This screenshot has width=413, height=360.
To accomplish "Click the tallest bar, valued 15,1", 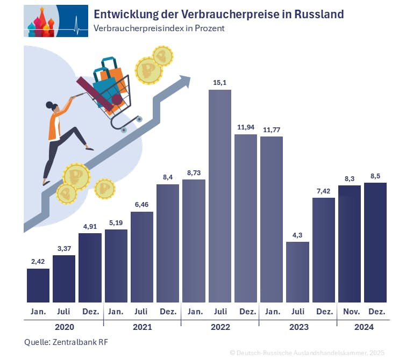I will pyautogui.click(x=220, y=196).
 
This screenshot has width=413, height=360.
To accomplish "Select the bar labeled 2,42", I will pyautogui.click(x=38, y=285).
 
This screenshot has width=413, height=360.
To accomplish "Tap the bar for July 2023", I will pyautogui.click(x=297, y=272).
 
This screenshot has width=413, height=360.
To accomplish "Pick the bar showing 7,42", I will pyautogui.click(x=324, y=250).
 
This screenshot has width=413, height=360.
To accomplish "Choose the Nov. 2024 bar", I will pyautogui.click(x=350, y=243).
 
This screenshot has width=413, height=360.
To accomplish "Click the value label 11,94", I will pyautogui.click(x=246, y=127).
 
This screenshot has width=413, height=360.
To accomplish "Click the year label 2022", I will pyautogui.click(x=220, y=327).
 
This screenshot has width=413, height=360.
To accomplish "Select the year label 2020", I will pyautogui.click(x=64, y=327).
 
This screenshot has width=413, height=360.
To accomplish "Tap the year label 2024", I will pyautogui.click(x=363, y=327).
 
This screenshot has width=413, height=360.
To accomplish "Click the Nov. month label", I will pyautogui.click(x=350, y=311).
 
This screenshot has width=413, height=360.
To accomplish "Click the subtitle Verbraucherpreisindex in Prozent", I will pyautogui.click(x=159, y=28).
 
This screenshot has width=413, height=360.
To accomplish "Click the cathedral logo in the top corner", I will pyautogui.click(x=56, y=21).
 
